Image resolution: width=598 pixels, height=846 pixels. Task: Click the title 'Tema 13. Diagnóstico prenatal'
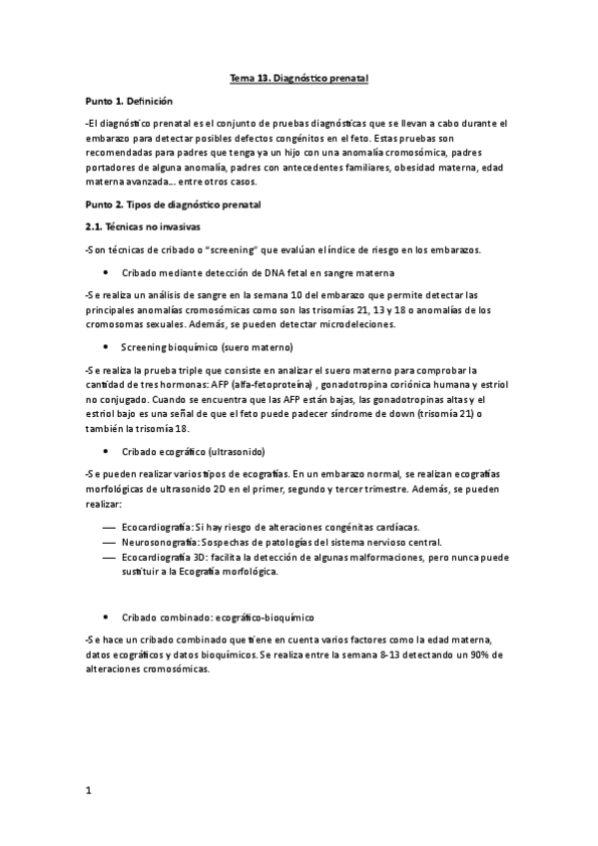tap(299, 77)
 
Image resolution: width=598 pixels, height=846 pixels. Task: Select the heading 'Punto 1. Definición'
tap(130, 102)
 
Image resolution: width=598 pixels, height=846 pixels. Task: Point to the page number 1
tap(89, 790)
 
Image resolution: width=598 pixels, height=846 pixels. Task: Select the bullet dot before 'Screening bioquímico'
tap(106, 347)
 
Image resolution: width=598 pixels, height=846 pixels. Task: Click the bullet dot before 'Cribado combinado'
tap(106, 619)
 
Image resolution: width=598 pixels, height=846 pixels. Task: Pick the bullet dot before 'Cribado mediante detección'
tap(106, 272)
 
